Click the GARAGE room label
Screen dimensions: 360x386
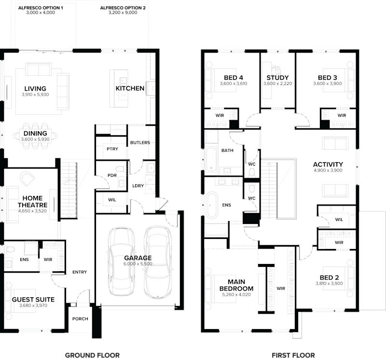pos(138,258)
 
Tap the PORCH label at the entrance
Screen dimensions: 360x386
pos(80,318)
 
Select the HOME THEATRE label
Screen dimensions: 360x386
pos(33,201)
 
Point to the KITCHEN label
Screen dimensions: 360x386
pos(129,88)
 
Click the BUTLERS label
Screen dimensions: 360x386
pos(140,143)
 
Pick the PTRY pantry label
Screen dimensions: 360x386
pos(112,149)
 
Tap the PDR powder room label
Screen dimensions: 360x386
pos(112,175)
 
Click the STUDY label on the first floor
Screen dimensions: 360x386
pos(277,77)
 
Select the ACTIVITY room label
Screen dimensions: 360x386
pos(328,164)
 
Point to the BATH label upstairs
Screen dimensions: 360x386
pos(227,151)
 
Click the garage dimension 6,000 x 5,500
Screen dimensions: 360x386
pos(138,264)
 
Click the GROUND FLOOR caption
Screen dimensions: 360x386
pos(93,355)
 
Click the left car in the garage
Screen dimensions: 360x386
pos(120,263)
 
